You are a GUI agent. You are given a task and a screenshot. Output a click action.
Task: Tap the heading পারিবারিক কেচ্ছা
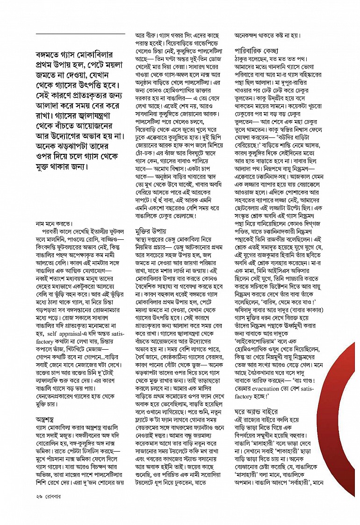click(256, 50)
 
